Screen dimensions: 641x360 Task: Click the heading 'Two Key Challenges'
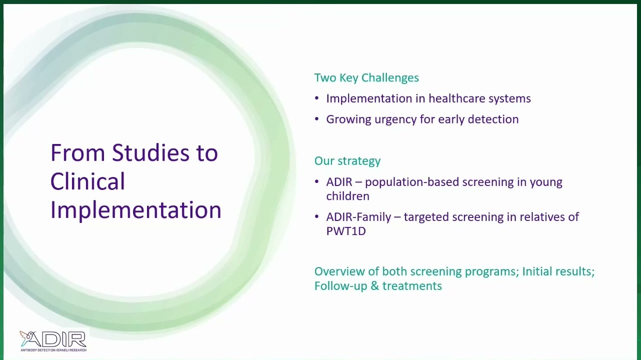tap(366, 78)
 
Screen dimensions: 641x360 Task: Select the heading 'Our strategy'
tap(347, 161)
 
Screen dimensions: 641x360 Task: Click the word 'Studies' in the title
tap(150, 152)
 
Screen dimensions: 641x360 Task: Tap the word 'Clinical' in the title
tap(88, 181)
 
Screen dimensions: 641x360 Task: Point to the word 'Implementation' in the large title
tap(136, 210)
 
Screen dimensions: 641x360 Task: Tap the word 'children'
tap(347, 196)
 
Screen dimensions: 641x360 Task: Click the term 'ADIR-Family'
tap(358, 217)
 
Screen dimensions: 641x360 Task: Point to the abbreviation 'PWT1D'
tap(346, 231)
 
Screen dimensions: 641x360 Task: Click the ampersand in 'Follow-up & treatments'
tap(374, 286)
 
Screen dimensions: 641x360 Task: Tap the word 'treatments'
tap(412, 286)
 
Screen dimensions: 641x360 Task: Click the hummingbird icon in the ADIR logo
tap(26, 337)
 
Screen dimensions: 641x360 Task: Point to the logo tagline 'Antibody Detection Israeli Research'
tap(53, 350)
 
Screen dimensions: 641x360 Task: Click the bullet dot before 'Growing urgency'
tap(317, 119)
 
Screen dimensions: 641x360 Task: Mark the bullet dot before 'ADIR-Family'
tap(317, 216)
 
